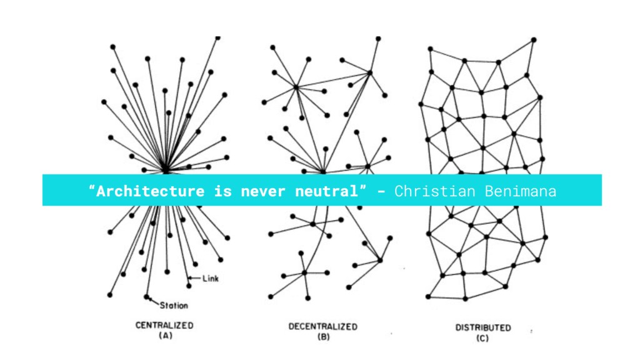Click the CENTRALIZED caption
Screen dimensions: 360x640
coord(164,326)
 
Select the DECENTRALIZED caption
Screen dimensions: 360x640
coord(322,326)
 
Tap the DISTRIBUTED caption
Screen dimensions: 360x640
coord(482,327)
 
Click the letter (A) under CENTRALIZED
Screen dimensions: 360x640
coord(164,336)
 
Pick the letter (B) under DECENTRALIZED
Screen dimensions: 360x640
coord(322,337)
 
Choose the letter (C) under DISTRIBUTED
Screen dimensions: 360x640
coord(482,338)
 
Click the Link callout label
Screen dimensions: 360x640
coord(211,279)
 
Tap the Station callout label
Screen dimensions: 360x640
coord(174,306)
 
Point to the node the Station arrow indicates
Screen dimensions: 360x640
coord(147,297)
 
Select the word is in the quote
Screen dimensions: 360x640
coord(222,191)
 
